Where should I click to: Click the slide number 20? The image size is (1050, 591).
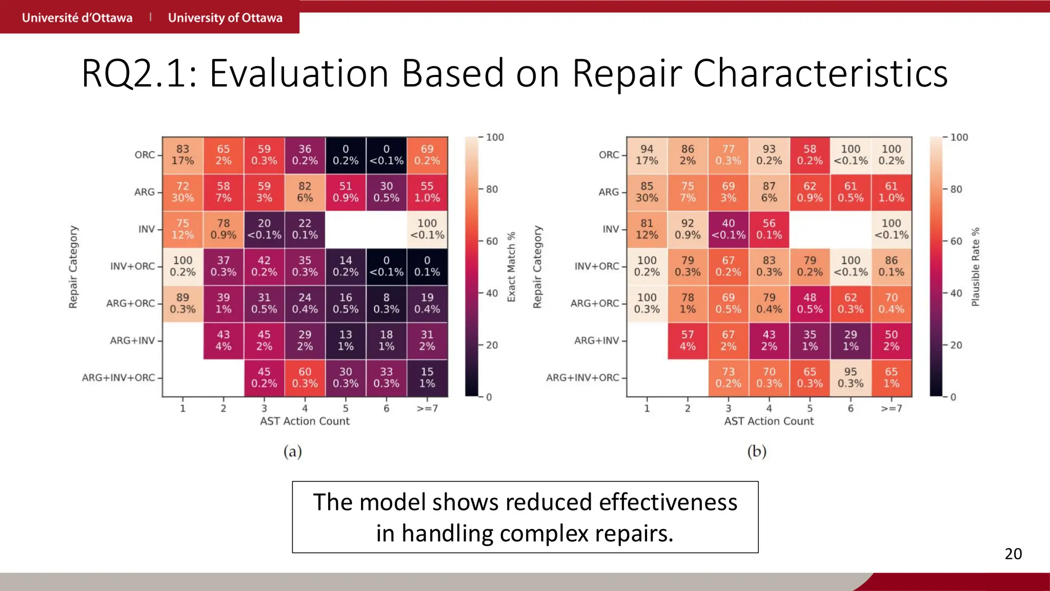point(1013,554)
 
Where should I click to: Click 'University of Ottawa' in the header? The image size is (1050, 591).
point(225,17)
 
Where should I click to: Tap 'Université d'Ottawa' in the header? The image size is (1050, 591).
point(77,17)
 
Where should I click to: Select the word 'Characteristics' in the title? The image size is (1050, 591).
point(820,73)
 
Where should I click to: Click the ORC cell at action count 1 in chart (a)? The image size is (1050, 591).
point(183,155)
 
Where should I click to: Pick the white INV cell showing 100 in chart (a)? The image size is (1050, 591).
point(427,229)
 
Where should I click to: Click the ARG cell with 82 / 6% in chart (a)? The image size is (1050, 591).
point(305,192)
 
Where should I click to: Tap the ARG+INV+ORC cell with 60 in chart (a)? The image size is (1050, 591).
point(305,378)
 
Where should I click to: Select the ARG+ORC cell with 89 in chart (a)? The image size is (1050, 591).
point(183,303)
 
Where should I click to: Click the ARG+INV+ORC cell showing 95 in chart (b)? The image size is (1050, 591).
point(851,378)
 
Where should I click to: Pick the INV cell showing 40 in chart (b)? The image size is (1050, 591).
point(728,229)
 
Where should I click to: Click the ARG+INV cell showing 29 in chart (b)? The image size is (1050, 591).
point(851,340)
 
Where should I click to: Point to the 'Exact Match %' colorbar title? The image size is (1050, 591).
point(511,267)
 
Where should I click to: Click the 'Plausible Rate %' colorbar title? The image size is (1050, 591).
point(975,267)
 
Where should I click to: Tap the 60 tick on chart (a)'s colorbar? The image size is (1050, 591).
point(492,241)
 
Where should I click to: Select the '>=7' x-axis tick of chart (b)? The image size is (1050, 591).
point(891,408)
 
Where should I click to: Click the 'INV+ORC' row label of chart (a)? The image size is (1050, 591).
point(132,266)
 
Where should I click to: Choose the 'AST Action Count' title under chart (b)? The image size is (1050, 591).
point(769,421)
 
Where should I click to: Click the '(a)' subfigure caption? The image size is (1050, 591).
point(293,451)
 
